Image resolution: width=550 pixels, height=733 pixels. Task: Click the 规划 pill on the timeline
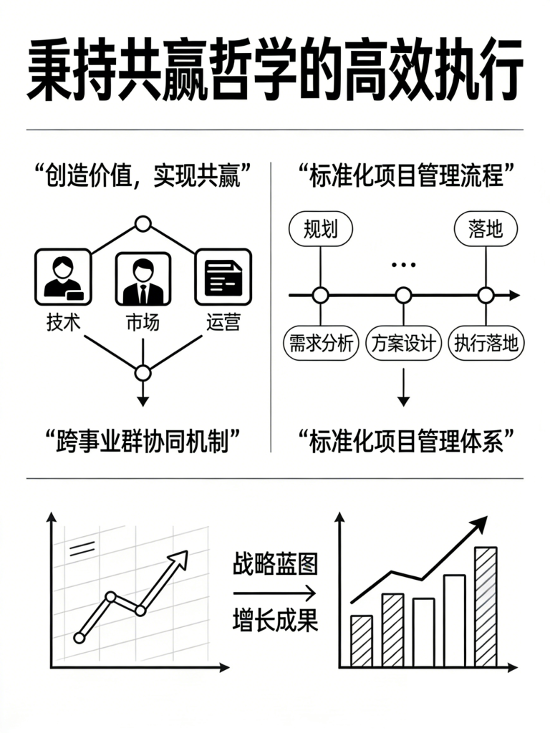coord(321,228)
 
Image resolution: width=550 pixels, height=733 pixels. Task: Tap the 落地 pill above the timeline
coord(486,228)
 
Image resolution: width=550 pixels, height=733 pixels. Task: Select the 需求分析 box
coord(321,344)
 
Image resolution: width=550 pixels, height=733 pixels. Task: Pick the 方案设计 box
coord(404,344)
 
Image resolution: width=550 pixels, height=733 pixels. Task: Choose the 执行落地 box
coord(486,344)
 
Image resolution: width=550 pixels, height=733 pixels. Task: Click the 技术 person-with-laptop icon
coord(63,277)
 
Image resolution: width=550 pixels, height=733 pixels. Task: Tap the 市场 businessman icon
coord(143,278)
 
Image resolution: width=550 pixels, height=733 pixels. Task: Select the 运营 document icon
coord(223,277)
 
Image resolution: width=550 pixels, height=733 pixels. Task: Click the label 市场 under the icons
coord(143,323)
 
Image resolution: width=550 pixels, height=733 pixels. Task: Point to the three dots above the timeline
coord(404,265)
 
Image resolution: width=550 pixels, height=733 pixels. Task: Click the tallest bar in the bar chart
coord(486,606)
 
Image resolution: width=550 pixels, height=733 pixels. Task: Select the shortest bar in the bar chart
coord(362,641)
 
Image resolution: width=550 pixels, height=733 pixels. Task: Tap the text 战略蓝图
coord(276,564)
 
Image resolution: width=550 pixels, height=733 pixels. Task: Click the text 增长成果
coord(276,621)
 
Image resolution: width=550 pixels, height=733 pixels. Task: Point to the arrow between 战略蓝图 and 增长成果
coord(274,593)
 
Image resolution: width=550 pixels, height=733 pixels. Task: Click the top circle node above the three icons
coord(143,224)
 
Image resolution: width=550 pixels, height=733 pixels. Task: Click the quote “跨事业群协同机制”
coord(143,440)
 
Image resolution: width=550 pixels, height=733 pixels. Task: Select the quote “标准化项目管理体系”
coord(406,440)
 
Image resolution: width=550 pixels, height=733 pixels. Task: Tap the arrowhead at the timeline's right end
coord(514,296)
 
